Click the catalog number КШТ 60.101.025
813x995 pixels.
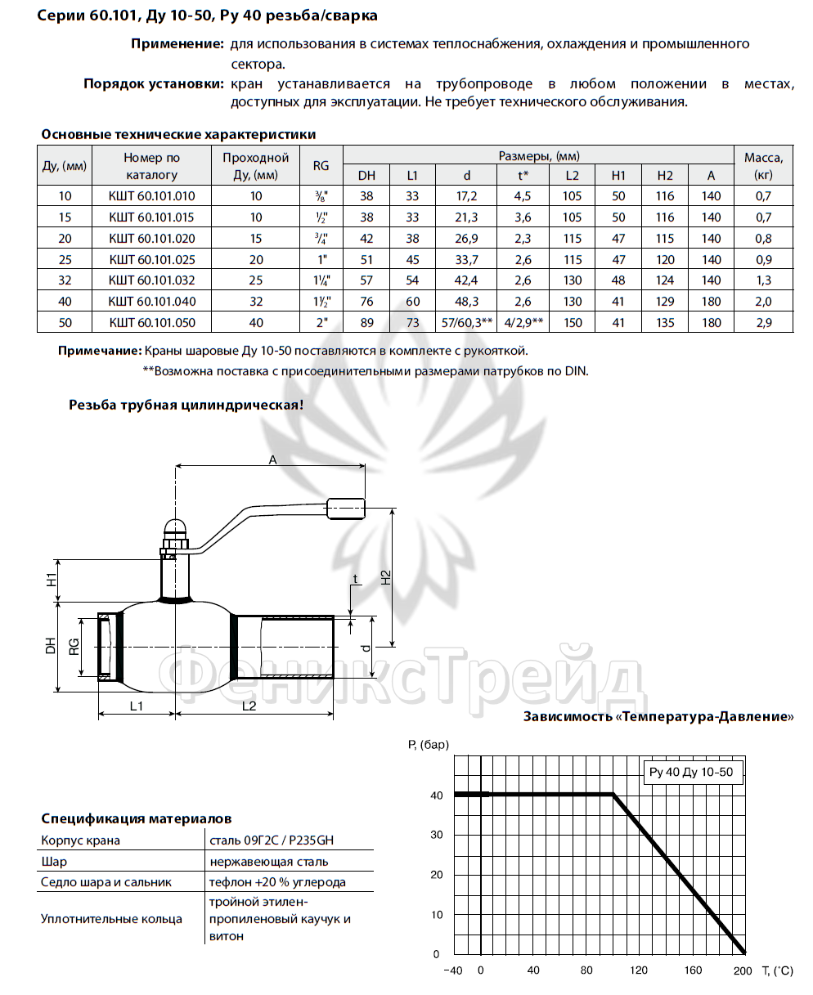152,259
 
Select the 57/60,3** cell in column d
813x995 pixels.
466,323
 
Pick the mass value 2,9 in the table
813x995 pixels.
763,323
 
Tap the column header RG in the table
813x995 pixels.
321,165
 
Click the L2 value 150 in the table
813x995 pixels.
573,323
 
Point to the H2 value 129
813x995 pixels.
665,302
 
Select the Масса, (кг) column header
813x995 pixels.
763,165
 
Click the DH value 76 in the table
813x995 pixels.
366,302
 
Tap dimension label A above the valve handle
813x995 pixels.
273,460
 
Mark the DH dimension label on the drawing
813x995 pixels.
51,646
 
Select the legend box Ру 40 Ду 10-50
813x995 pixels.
690,772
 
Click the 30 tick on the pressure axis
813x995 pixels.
437,835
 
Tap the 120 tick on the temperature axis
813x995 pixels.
639,970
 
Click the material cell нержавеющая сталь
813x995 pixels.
268,862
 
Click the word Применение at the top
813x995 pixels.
177,43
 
